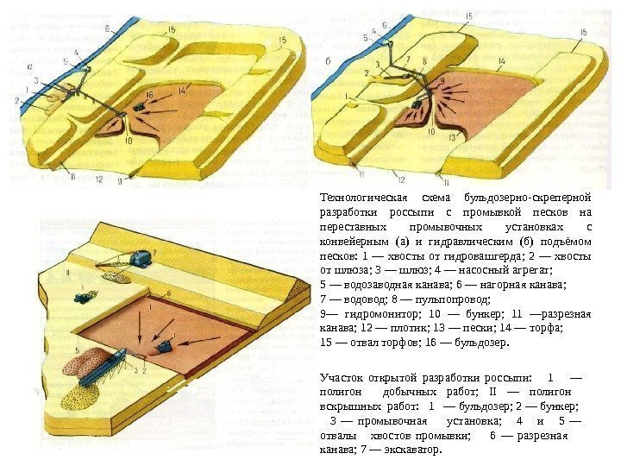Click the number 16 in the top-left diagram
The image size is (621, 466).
(150, 95)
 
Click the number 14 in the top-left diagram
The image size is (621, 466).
(183, 90)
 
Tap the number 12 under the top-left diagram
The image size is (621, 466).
(100, 179)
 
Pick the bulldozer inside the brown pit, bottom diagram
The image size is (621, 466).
(162, 344)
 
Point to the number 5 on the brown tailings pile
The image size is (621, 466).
(78, 350)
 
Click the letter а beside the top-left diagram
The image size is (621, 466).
(31, 65)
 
